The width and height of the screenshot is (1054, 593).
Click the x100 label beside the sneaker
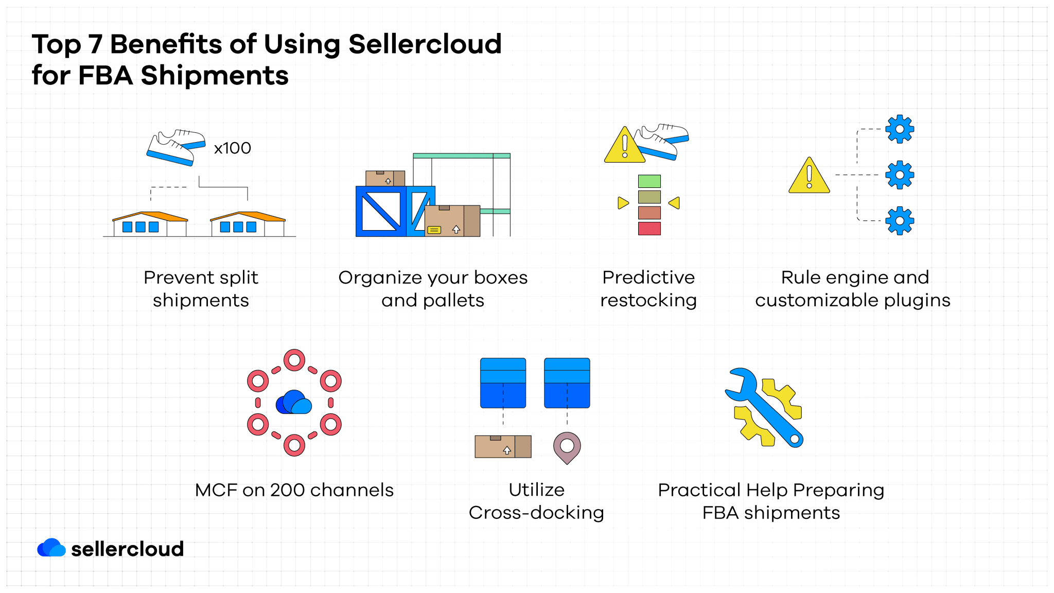(x=232, y=148)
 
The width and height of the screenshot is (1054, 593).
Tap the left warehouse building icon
(x=149, y=224)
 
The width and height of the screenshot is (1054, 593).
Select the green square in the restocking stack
(x=649, y=181)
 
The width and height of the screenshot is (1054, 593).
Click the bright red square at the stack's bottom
(x=649, y=228)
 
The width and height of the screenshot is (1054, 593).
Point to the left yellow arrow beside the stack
(x=623, y=203)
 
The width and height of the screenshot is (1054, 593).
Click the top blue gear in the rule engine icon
(x=899, y=129)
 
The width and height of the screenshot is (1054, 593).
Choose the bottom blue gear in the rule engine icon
(x=899, y=221)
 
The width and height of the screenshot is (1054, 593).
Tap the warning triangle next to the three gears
(x=809, y=177)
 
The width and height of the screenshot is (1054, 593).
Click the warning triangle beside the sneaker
(x=624, y=147)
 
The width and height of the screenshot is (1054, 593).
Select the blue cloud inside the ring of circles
(x=294, y=403)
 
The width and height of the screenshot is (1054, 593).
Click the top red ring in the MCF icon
(x=294, y=360)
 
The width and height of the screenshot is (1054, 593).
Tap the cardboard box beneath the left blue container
(x=503, y=446)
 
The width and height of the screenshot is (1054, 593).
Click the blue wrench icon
(x=764, y=407)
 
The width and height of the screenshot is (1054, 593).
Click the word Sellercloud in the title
(x=425, y=44)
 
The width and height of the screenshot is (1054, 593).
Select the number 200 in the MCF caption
(x=287, y=490)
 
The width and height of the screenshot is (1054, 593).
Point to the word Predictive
(x=648, y=277)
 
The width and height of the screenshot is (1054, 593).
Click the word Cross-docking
(x=536, y=513)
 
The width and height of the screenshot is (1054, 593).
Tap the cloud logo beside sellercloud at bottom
(x=51, y=548)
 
